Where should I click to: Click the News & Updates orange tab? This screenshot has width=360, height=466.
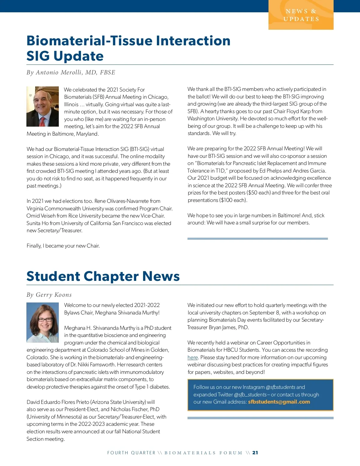click(x=301, y=15)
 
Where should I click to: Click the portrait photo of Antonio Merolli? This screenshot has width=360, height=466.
click(x=43, y=107)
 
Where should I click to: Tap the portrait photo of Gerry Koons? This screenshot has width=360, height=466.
click(x=43, y=323)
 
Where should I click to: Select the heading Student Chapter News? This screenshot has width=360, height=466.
click(x=103, y=276)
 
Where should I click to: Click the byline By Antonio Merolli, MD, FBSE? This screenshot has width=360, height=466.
click(x=71, y=72)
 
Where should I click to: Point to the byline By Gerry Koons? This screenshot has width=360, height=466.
click(x=49, y=295)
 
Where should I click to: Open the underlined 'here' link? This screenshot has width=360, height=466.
click(x=193, y=357)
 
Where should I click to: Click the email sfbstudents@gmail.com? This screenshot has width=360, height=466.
click(x=279, y=402)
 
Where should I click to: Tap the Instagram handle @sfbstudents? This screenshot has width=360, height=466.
click(x=280, y=387)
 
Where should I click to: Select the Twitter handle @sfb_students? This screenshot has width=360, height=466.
click(x=250, y=395)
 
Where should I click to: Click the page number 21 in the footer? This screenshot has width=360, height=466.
click(x=255, y=453)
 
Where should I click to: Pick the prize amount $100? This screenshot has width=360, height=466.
click(x=226, y=200)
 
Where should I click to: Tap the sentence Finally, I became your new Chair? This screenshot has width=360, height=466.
click(x=63, y=246)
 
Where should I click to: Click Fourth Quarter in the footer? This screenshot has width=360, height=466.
click(x=131, y=453)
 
